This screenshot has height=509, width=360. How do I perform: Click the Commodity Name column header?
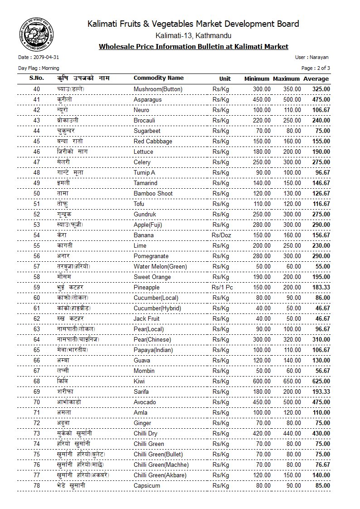tap(159, 78)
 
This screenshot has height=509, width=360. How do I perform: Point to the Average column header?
tap(316, 78)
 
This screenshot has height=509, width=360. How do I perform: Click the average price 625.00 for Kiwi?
tap(321, 381)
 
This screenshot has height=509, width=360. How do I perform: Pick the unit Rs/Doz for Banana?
tap(221, 235)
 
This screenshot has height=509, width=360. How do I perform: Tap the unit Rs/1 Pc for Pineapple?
tap(222, 287)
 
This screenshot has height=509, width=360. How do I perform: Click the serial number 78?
tap(37, 485)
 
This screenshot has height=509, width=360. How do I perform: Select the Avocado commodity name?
tap(145, 402)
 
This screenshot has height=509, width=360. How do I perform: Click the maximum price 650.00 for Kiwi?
tap(292, 381)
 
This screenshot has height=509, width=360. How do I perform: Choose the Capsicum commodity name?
tap(147, 485)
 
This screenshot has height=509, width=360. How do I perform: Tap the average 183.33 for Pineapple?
tap(321, 287)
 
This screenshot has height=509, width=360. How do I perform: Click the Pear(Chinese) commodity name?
tap(152, 339)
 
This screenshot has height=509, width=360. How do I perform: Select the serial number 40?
tap(37, 89)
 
